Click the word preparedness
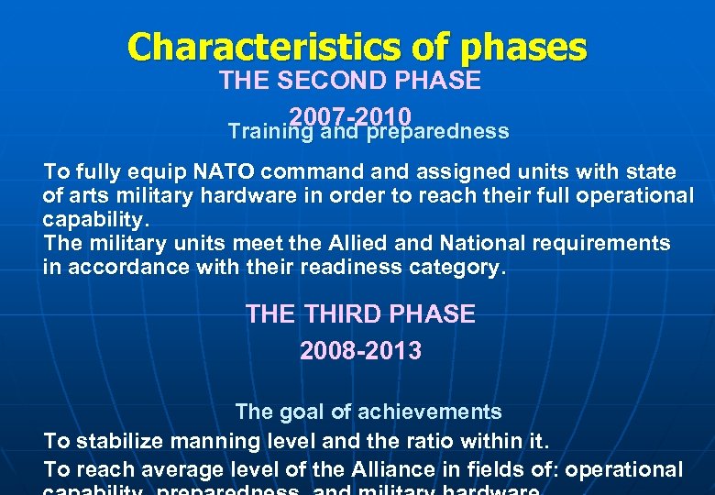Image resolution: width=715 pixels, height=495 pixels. coord(438,132)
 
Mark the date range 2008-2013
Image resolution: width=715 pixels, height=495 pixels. coord(360,351)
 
